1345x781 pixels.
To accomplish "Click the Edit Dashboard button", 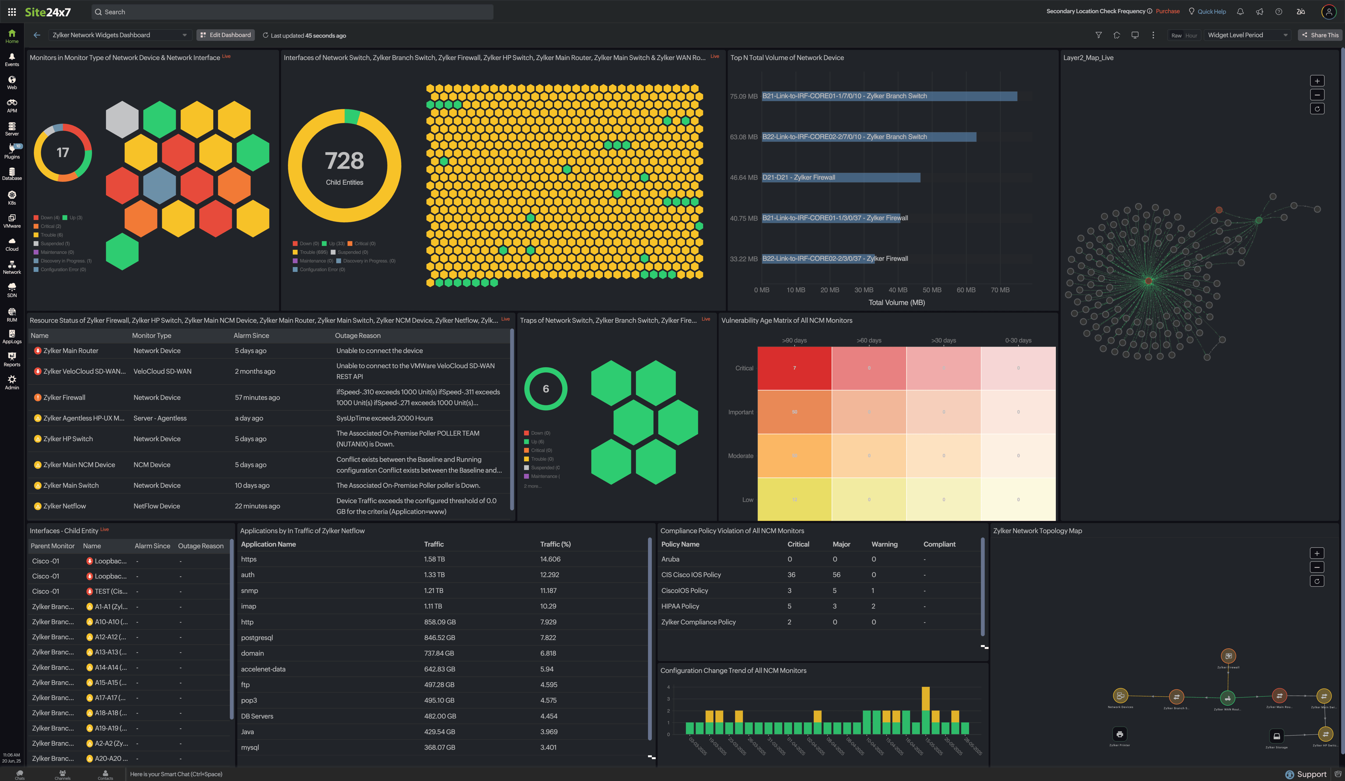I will (225, 35).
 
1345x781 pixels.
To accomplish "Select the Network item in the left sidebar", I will (12, 267).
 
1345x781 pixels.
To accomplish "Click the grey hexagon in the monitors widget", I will (122, 119).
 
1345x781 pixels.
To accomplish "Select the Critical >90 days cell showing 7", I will (794, 368).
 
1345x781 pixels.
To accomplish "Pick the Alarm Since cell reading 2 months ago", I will (255, 371).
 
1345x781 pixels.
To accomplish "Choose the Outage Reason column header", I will (358, 336).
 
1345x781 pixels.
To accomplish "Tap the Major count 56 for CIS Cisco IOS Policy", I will (836, 574).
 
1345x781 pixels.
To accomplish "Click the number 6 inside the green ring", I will (546, 389).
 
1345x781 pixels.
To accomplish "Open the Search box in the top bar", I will (292, 12).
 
